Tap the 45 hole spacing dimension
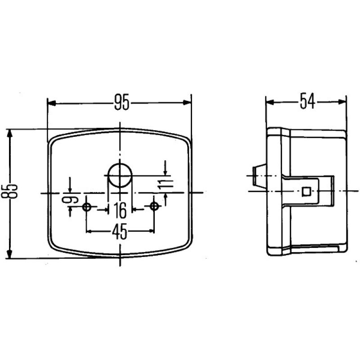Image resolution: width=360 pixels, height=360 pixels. click(119, 231)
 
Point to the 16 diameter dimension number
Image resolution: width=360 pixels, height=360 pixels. click(119, 210)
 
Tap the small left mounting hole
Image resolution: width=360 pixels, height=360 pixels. click(87, 207)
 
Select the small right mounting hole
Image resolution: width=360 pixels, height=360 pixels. click(154, 207)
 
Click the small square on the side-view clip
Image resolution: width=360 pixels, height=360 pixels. click(306, 191)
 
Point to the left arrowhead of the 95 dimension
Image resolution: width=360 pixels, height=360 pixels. click(51, 103)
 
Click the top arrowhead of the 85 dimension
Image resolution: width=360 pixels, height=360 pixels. click(9, 133)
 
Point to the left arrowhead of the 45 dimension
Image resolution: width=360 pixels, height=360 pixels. click(89, 231)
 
